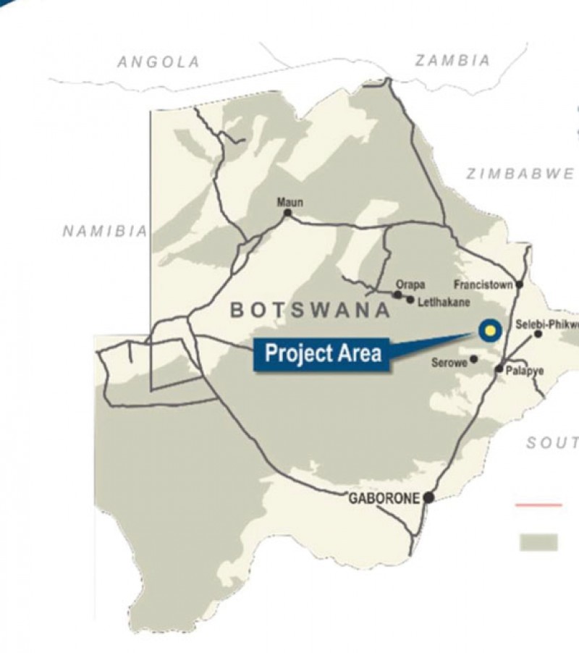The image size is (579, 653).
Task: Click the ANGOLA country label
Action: pos(159,62)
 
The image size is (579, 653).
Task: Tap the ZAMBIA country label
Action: pos(452,61)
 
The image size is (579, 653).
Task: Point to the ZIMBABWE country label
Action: pos(520,174)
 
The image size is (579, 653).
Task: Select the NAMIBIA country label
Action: pos(105,231)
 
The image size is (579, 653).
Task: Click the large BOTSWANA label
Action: pos(310,311)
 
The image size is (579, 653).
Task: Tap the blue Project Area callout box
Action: pos(323,354)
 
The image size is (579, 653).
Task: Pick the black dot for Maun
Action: pos(288,213)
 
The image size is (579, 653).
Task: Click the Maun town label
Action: pos(290,202)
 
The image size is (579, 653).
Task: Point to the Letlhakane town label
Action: pos(439,299)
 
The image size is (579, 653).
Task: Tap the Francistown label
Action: pos(483,285)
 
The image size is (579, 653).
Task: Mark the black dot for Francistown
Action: pos(519,285)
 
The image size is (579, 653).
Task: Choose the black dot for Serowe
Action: pos(474,358)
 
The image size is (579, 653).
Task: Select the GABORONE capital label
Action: pos(384,498)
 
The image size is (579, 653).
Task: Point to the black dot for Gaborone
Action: pos(428,497)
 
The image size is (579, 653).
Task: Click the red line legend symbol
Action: pos(538,505)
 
